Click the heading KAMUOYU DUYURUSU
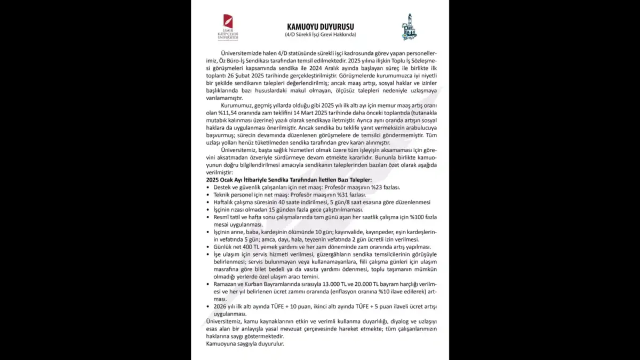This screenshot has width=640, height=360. coord(320,27)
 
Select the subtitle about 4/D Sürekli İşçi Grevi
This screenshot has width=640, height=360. coord(320,35)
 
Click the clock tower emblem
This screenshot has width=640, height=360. coord(410,27)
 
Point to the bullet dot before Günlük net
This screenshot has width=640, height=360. coord(208,247)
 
